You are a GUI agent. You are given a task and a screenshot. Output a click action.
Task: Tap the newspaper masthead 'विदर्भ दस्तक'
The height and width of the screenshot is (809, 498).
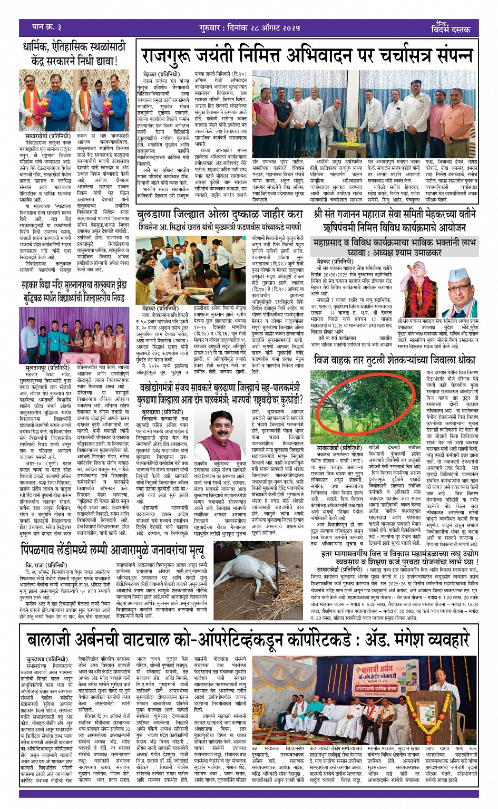451,30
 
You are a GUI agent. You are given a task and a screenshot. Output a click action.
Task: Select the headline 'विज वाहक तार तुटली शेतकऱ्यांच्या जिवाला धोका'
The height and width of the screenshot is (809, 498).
394,360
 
